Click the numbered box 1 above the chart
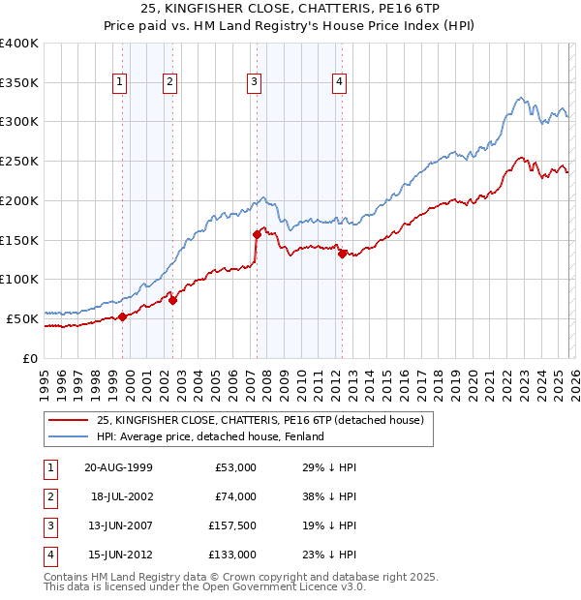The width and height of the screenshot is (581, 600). [119, 83]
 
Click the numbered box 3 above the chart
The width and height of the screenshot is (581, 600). [254, 83]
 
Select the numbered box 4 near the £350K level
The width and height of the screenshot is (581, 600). [340, 83]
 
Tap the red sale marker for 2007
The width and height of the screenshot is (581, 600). [257, 233]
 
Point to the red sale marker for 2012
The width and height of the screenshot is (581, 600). [342, 254]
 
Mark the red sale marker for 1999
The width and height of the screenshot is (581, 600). [123, 316]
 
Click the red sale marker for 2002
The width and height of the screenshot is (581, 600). [172, 300]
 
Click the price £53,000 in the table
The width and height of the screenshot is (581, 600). [235, 467]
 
